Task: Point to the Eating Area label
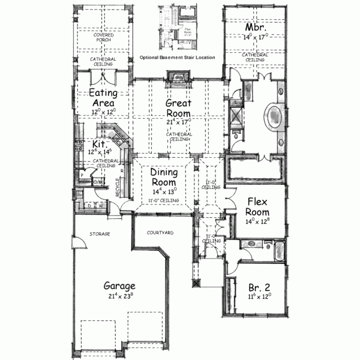point(103,97)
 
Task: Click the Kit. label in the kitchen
point(99,144)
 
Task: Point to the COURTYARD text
point(160,232)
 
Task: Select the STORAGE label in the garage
point(100,233)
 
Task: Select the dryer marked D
point(89,206)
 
